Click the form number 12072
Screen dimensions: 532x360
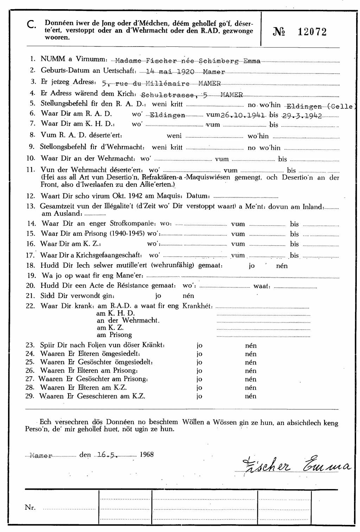[x=312, y=32]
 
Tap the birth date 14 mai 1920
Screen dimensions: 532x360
[x=170, y=71]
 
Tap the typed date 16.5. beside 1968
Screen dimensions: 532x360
[x=107, y=455]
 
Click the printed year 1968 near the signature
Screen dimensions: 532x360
[x=147, y=454]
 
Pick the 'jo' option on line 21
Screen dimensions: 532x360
[x=158, y=296]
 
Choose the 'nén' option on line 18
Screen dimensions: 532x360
[x=282, y=266]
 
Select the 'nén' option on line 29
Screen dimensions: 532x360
[x=250, y=396]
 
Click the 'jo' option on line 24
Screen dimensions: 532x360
[x=199, y=354]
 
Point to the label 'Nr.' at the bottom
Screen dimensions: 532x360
[x=30, y=507]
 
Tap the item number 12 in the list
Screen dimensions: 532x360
[x=31, y=196]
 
